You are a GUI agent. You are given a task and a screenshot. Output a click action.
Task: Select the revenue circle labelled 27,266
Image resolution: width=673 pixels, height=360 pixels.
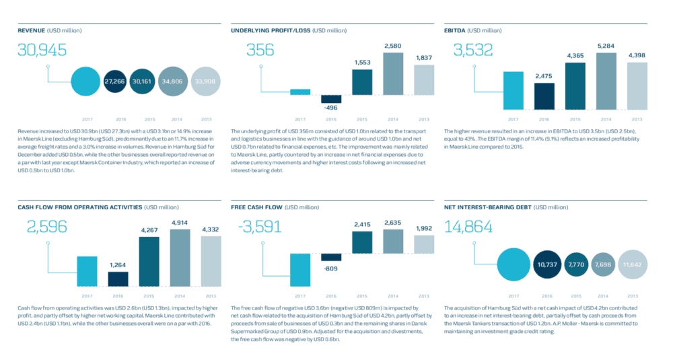pos(114,81)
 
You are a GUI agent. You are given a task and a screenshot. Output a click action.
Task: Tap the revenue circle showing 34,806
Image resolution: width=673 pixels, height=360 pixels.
pos(173,81)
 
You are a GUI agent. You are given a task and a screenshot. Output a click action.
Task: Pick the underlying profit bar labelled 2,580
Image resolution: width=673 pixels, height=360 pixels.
pos(392,74)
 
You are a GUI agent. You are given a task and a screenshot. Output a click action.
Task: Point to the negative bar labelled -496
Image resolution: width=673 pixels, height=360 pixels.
pos(330,99)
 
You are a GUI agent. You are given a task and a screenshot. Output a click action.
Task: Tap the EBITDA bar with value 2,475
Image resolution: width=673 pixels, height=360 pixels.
pos(544,96)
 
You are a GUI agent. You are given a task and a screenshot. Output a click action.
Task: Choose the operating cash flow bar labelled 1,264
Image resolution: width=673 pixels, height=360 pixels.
pos(118,279)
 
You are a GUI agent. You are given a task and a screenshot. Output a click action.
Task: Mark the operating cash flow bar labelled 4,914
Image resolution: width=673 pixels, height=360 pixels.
pos(180,257)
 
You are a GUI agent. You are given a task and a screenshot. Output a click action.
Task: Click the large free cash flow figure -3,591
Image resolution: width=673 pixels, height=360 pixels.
pos(260,227)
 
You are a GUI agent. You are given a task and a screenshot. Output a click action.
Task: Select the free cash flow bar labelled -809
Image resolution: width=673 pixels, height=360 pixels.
pos(330,257)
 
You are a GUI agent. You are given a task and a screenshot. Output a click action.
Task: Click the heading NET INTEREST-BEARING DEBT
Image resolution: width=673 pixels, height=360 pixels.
pos(487,207)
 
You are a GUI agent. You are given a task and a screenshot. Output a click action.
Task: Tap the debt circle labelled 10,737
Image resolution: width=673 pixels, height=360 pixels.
pos(546,265)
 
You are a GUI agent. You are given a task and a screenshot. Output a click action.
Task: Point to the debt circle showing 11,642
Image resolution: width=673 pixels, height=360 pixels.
pos(633,265)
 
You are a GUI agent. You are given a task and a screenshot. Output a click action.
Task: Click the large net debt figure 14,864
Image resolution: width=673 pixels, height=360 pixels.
pos(468,227)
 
